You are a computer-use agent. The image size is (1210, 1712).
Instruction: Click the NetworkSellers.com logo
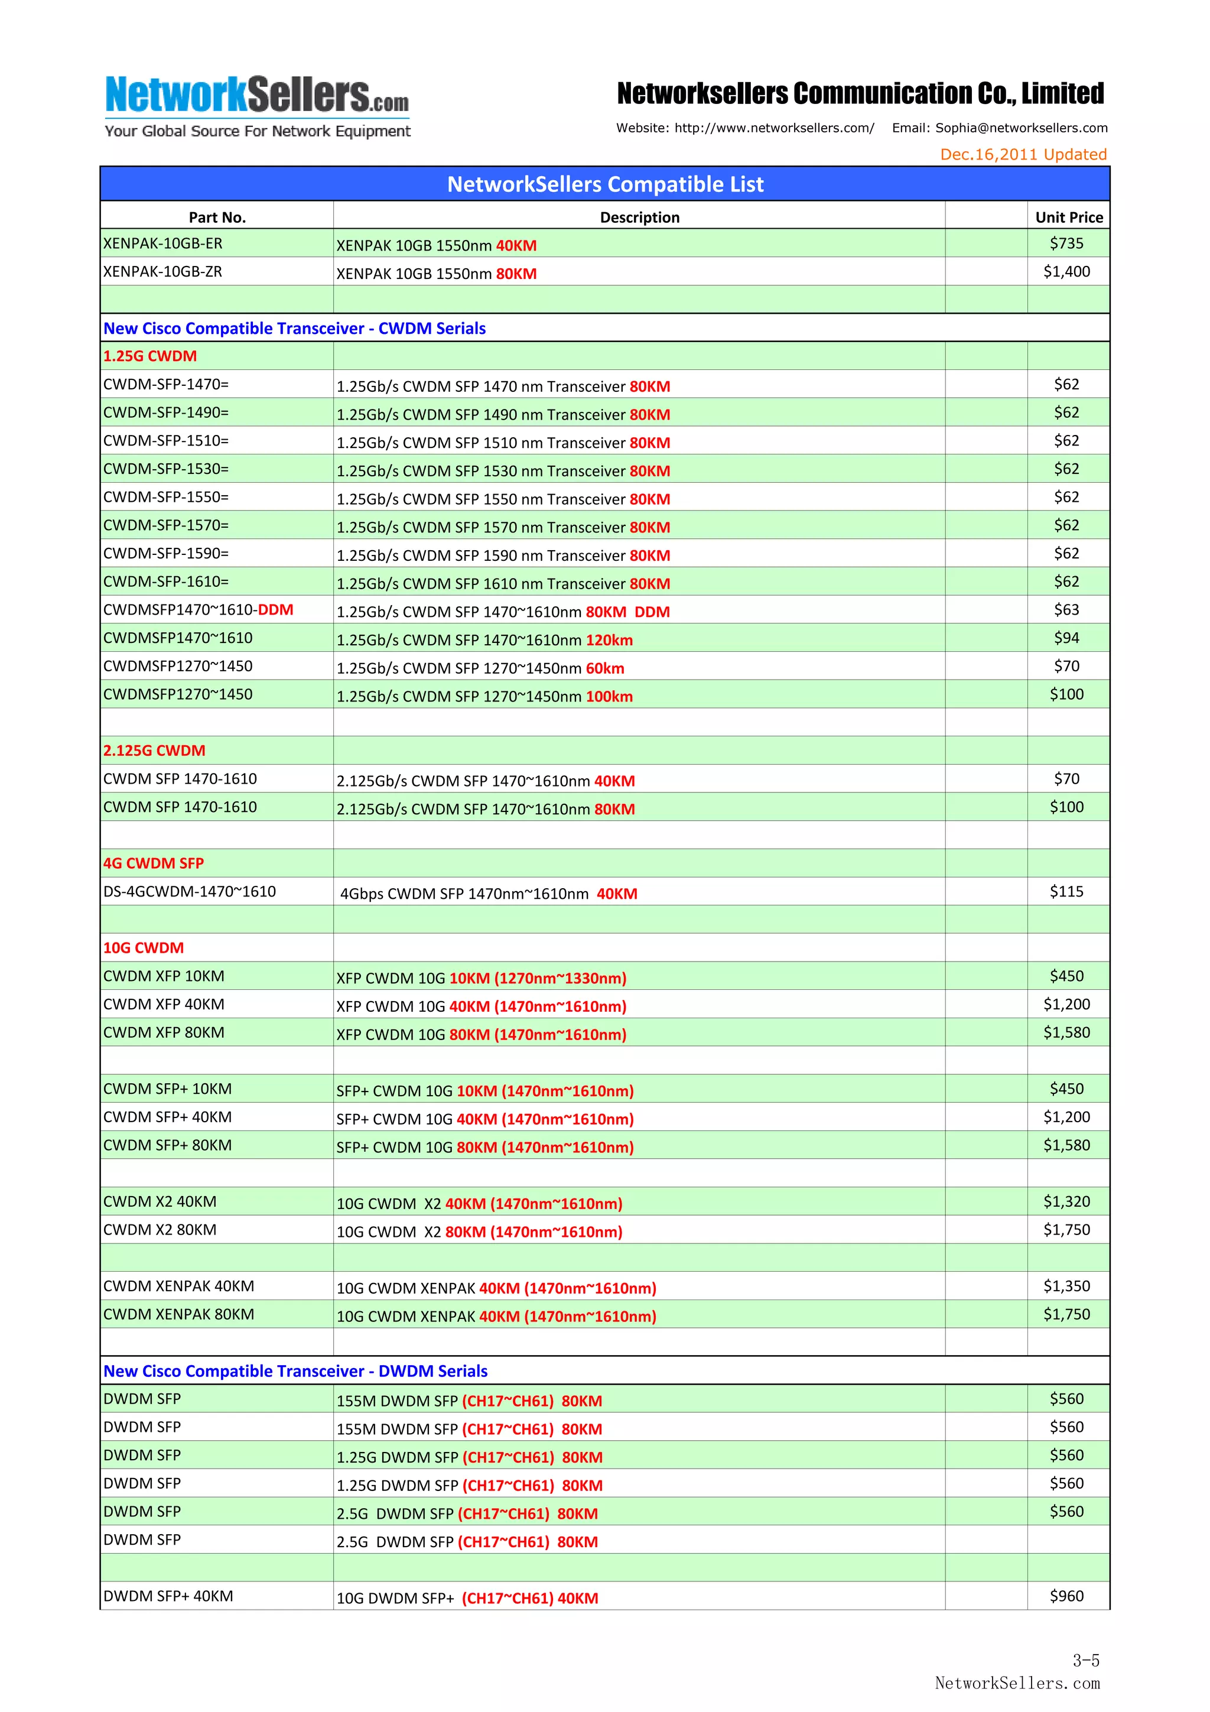[x=257, y=106]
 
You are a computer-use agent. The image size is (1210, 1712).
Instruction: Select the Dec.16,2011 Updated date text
[x=1023, y=154]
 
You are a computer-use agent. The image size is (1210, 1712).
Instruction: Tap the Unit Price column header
[x=1068, y=217]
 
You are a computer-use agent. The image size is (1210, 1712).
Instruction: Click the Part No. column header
[x=217, y=217]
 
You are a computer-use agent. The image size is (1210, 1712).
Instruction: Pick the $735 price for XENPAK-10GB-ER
[x=1066, y=243]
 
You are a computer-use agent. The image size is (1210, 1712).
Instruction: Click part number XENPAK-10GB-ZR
[x=162, y=271]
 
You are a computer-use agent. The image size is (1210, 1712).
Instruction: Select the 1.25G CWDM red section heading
[x=150, y=356]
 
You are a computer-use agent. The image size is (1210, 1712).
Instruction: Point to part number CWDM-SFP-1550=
[x=165, y=496]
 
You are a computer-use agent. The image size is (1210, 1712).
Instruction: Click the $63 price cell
[x=1066, y=609]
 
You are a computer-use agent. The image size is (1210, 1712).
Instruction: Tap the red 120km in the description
[x=609, y=641]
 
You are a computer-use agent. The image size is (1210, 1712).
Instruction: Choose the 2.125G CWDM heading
[x=154, y=750]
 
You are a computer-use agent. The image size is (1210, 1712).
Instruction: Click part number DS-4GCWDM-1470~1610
[x=190, y=891]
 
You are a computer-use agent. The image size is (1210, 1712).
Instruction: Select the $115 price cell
[x=1066, y=891]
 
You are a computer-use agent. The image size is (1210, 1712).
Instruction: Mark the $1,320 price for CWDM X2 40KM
[x=1066, y=1201]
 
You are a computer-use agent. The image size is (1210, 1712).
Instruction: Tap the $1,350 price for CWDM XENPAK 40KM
[x=1066, y=1285]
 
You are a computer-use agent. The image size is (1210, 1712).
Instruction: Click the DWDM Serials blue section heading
[x=295, y=1370]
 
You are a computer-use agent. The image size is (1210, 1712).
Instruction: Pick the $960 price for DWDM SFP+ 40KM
[x=1066, y=1596]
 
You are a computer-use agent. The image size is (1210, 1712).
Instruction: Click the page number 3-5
[x=1085, y=1660]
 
